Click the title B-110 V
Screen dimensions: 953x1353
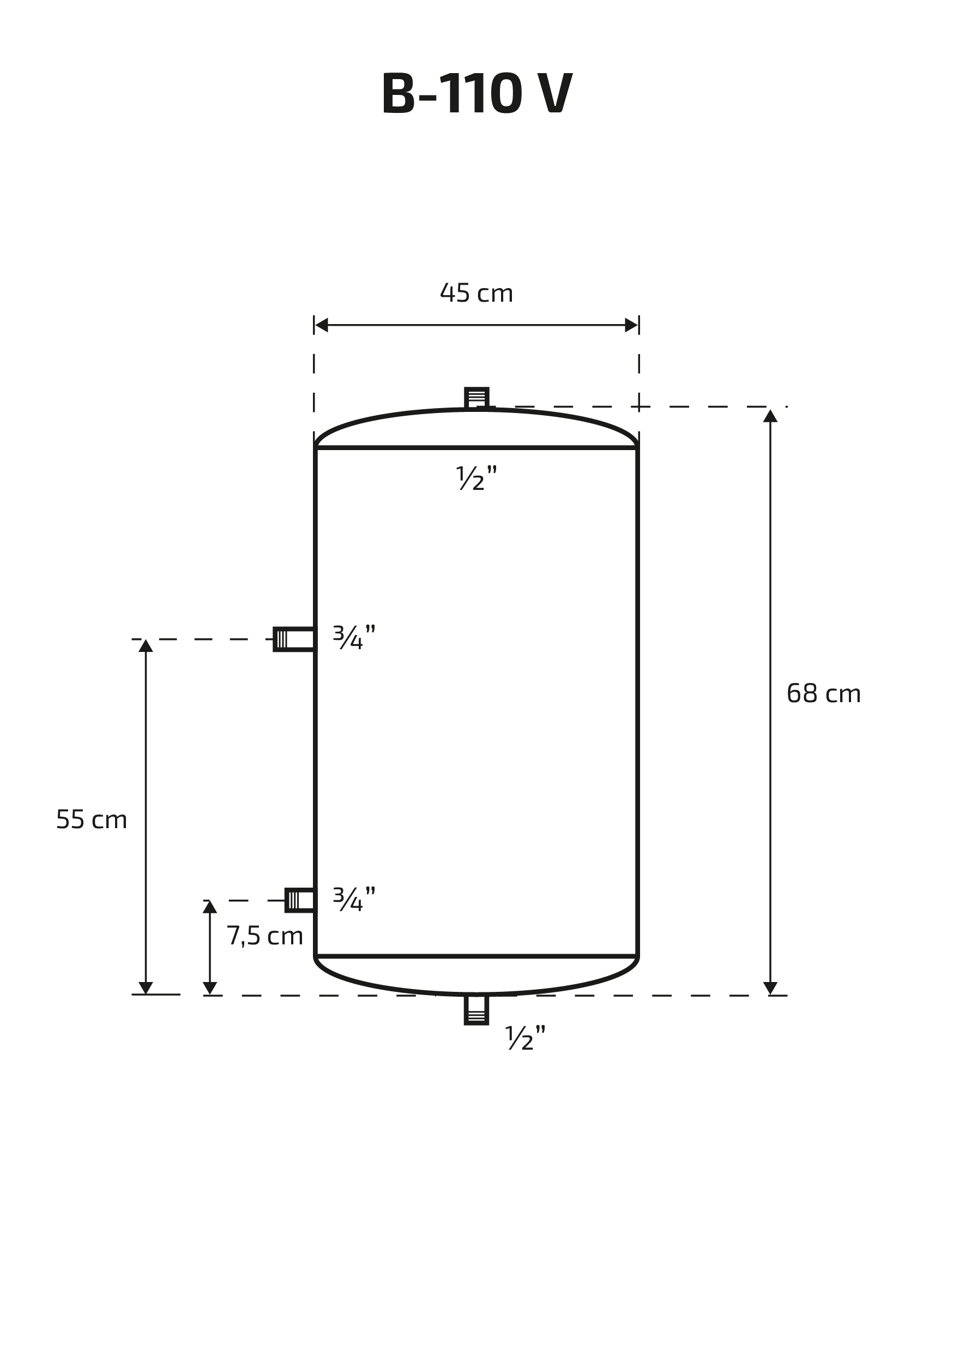pos(477,94)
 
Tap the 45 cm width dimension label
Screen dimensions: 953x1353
pos(477,293)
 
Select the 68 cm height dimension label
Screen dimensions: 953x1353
pos(823,693)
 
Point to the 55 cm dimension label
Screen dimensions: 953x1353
pos(91,819)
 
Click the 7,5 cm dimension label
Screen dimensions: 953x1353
pos(265,936)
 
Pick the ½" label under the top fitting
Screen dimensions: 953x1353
pos(477,478)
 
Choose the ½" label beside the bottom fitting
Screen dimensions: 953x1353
pos(526,1037)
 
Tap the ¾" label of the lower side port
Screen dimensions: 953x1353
pos(354,899)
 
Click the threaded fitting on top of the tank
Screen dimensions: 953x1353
pos(477,398)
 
